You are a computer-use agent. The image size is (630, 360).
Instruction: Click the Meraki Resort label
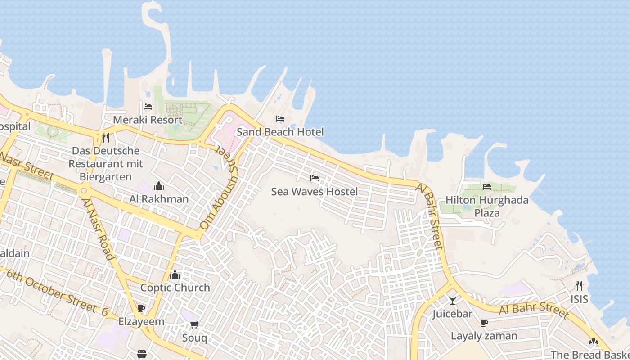point(148,120)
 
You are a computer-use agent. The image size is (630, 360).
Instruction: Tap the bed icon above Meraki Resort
point(148,107)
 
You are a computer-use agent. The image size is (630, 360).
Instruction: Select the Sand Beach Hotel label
point(280,132)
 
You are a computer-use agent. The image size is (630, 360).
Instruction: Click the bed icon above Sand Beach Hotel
point(280,119)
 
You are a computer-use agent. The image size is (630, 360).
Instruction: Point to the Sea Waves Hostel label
point(315,192)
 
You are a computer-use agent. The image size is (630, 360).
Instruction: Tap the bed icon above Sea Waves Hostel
point(315,178)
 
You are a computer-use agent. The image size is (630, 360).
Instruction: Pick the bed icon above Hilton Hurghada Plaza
point(487,186)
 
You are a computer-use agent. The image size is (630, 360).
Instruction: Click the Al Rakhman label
point(159,199)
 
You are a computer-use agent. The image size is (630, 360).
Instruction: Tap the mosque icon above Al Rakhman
point(159,186)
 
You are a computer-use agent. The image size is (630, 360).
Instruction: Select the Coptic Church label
point(175,288)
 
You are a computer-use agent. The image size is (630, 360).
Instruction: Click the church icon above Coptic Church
point(175,274)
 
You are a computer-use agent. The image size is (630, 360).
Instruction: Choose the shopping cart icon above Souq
point(194,324)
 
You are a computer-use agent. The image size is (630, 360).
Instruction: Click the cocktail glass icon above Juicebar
point(453,300)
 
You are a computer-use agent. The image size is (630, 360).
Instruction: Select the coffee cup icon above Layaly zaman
point(484,323)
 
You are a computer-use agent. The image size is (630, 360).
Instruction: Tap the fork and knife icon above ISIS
point(579,286)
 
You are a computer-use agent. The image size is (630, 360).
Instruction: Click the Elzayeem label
point(141,322)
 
